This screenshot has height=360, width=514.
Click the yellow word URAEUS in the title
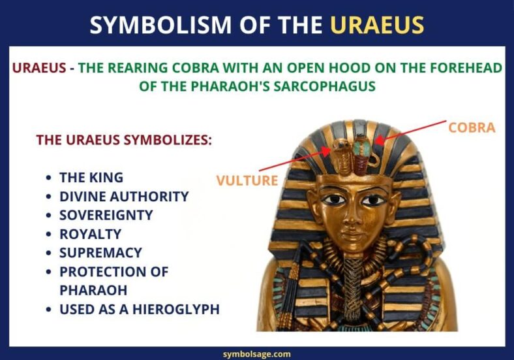(x=377, y=24)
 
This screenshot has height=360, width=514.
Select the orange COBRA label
(x=472, y=127)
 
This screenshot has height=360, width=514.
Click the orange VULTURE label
(x=247, y=180)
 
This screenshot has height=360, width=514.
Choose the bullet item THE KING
(x=91, y=177)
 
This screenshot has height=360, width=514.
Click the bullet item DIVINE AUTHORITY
(x=124, y=196)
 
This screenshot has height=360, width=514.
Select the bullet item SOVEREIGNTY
(x=106, y=215)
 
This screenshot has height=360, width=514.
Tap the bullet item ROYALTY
(x=90, y=233)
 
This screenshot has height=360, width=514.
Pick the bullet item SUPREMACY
(x=100, y=252)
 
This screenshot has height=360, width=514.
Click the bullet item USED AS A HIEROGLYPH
(x=139, y=309)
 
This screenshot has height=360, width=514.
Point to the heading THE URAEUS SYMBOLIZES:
(x=124, y=140)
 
